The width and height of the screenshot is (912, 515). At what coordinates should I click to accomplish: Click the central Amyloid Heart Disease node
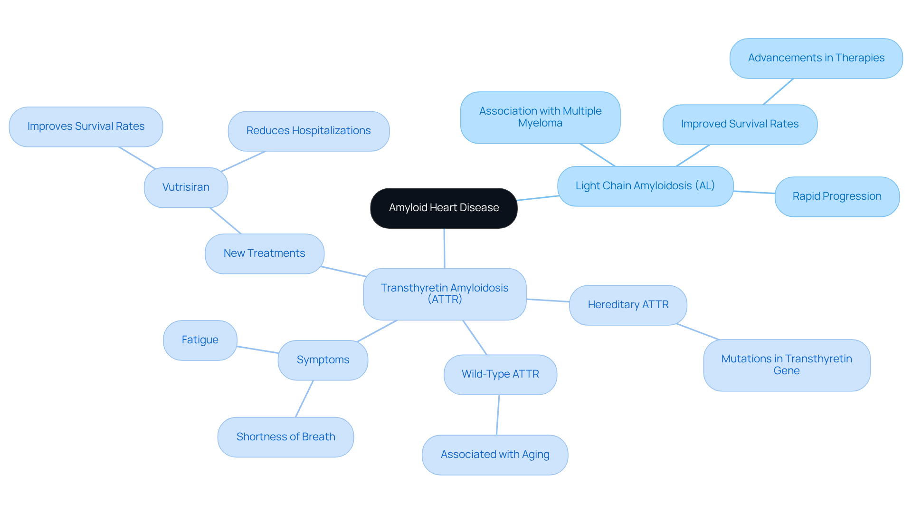click(x=444, y=208)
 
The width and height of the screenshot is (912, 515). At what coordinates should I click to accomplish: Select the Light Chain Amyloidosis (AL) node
click(x=645, y=186)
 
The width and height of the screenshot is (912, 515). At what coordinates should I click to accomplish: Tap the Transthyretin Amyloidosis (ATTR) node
click(x=445, y=294)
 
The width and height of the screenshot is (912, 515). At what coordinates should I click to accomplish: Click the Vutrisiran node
click(x=186, y=187)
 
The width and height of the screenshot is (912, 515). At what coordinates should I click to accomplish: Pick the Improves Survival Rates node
click(x=86, y=126)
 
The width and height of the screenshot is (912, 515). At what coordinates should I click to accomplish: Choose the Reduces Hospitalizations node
click(x=308, y=131)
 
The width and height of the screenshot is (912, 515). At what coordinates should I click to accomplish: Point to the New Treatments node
click(x=264, y=253)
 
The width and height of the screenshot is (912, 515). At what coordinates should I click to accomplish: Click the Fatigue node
click(x=200, y=340)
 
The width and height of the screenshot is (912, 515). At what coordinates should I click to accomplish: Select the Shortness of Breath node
click(x=285, y=437)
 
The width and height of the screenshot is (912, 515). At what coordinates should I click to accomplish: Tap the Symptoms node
click(x=323, y=360)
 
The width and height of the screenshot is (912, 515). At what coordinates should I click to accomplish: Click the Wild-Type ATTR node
click(x=500, y=374)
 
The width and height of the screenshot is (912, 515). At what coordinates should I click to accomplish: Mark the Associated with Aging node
click(x=495, y=455)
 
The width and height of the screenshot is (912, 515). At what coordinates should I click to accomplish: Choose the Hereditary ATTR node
click(x=628, y=305)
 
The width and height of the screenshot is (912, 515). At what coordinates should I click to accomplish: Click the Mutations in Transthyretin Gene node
click(x=787, y=365)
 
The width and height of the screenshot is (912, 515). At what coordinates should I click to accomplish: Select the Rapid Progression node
click(x=837, y=196)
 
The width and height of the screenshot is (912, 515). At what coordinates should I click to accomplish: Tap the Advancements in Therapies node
click(x=816, y=58)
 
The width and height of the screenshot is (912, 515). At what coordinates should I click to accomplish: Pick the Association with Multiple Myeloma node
click(x=540, y=117)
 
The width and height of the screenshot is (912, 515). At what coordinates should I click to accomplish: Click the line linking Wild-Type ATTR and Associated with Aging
click(x=498, y=415)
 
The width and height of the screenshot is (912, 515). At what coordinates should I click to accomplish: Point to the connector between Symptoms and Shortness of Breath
click(x=304, y=398)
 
